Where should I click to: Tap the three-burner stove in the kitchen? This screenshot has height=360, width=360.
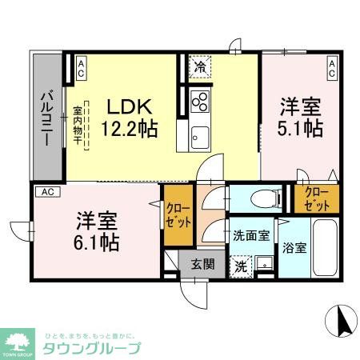point(200,102)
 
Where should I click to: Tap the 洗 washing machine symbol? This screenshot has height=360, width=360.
point(240,266)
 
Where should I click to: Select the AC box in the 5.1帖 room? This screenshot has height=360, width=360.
point(331,67)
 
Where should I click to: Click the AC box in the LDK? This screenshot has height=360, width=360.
point(81,67)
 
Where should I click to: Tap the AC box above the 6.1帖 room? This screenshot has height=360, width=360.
point(47,192)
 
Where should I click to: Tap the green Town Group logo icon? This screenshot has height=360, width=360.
point(17,342)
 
